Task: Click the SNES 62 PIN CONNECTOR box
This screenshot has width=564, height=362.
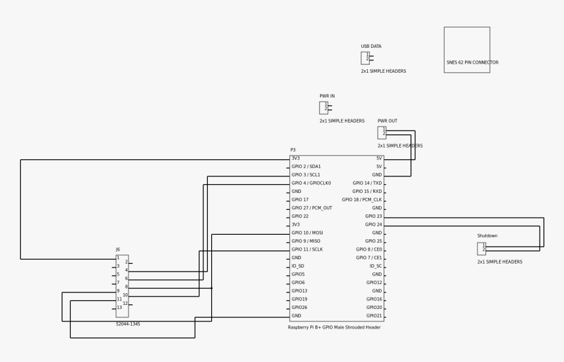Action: point(466,50)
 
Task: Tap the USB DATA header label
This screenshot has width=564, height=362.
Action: point(371,47)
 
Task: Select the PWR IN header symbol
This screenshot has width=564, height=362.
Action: point(323,108)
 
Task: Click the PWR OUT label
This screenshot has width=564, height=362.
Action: point(387,121)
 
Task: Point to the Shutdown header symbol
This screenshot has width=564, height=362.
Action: point(481,249)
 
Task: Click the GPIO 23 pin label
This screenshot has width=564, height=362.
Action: point(373,216)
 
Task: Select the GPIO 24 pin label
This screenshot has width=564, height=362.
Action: point(373,225)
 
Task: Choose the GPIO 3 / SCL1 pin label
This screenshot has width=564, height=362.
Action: point(306,175)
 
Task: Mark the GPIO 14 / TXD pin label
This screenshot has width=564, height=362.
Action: point(367,184)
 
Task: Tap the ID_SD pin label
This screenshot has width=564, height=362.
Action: point(298,266)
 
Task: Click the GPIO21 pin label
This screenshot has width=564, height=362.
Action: point(374,316)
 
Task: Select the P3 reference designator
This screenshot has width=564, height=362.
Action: point(293,150)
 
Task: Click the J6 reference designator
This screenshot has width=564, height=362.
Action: point(118,250)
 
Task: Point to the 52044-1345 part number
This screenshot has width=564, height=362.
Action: point(128,324)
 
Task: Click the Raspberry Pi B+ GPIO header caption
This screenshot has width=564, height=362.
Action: point(334,327)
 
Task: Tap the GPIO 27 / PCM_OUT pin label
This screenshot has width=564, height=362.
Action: point(312,208)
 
